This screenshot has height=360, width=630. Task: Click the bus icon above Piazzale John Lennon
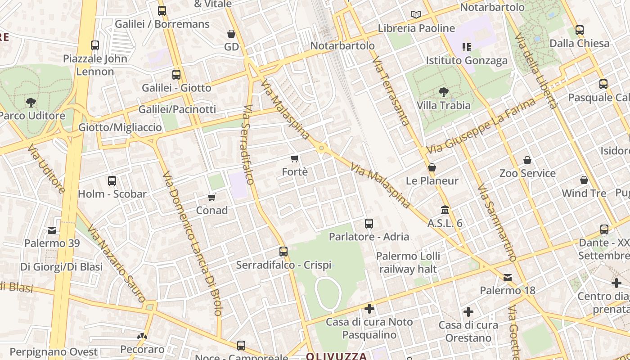95,45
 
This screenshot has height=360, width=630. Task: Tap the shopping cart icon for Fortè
295,158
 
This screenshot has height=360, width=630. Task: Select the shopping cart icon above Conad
212,197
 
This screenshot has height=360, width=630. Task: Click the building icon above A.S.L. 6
445,210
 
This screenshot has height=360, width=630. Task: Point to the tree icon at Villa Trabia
444,92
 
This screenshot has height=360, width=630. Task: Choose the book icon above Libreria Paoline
416,15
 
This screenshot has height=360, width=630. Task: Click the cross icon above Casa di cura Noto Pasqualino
369,309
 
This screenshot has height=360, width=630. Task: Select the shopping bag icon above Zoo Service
527,160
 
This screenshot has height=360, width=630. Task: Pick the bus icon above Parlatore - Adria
369,224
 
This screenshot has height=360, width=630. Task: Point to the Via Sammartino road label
496,222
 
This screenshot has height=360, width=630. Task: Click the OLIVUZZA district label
337,356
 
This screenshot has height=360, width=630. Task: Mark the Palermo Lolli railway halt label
408,262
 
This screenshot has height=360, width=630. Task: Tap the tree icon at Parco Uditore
31,103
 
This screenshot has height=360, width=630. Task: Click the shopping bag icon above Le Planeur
432,168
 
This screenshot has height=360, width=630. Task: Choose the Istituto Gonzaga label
467,60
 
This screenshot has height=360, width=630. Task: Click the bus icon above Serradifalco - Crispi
283,252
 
